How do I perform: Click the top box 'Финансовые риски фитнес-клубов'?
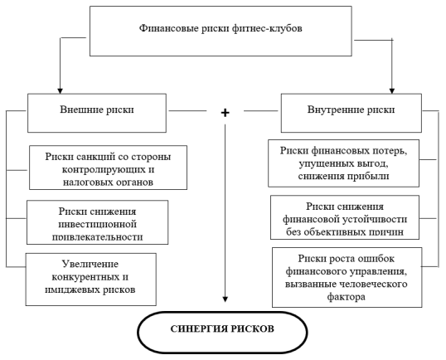click(x=221, y=31)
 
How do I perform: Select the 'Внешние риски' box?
click(x=97, y=113)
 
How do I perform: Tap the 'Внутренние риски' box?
click(x=351, y=113)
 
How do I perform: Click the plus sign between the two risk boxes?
click(x=225, y=113)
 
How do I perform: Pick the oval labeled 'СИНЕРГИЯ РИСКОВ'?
click(x=222, y=332)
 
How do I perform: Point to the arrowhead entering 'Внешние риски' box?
click(x=60, y=90)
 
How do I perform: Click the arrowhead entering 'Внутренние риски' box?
click(x=392, y=90)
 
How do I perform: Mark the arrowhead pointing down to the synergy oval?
click(x=225, y=299)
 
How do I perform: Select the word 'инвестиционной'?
click(x=98, y=224)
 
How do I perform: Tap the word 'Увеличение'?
click(x=90, y=264)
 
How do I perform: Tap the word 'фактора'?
click(x=347, y=297)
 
